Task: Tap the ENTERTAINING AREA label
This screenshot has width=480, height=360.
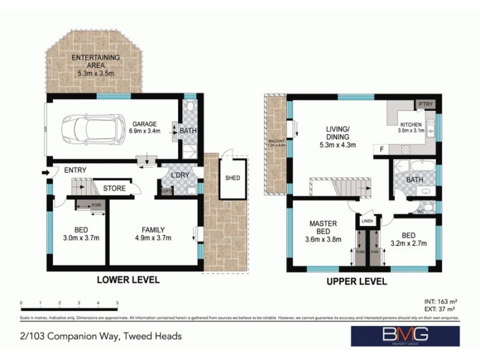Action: [x=95, y=58]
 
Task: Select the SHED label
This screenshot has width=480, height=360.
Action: [x=232, y=178]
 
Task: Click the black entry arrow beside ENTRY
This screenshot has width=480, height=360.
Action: [x=46, y=174]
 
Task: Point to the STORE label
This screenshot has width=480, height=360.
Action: [x=114, y=188]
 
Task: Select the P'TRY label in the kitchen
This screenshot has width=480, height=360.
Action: [x=425, y=104]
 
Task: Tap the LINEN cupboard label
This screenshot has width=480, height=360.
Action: [x=367, y=222]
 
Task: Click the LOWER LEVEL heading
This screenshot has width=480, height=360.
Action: [x=128, y=280]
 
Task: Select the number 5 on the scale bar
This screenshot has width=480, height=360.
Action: [x=118, y=303]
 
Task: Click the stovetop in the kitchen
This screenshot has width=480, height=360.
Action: [x=406, y=149]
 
